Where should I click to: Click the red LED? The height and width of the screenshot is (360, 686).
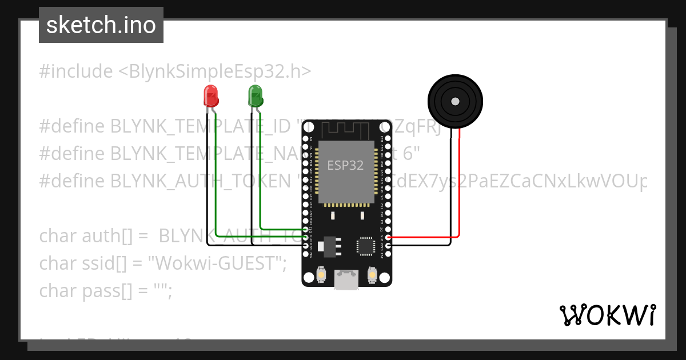(211, 96)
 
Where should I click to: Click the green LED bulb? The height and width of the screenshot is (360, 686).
(255, 95)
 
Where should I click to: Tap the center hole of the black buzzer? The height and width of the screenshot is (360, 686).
(454, 101)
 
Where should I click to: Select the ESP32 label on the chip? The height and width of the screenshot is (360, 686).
(345, 166)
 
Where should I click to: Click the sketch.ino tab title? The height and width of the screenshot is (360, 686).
(101, 25)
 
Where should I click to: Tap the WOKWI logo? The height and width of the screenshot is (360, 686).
(607, 315)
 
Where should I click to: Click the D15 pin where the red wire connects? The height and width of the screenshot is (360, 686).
(388, 237)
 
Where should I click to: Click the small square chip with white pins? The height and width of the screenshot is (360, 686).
(365, 246)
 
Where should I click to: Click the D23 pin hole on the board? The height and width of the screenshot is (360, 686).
(388, 139)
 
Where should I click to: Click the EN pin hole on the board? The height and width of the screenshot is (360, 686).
(305, 139)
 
